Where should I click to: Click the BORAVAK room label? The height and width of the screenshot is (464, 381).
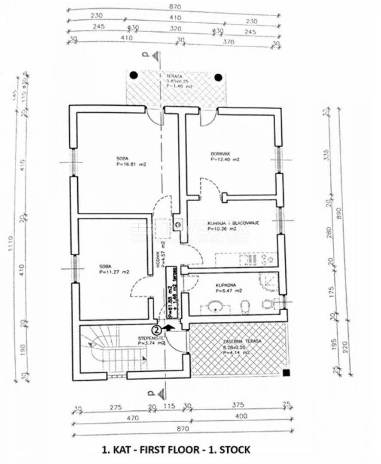(x=219, y=153)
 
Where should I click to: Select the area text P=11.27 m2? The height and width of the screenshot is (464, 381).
(x=114, y=272)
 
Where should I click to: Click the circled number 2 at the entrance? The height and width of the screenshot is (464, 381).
(x=157, y=330)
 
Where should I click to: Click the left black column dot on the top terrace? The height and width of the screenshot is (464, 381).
(x=134, y=75)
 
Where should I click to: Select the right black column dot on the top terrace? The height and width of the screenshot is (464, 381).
(x=219, y=77)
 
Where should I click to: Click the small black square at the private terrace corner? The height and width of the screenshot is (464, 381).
(x=286, y=372)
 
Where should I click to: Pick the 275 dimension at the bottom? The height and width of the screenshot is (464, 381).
(x=115, y=406)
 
